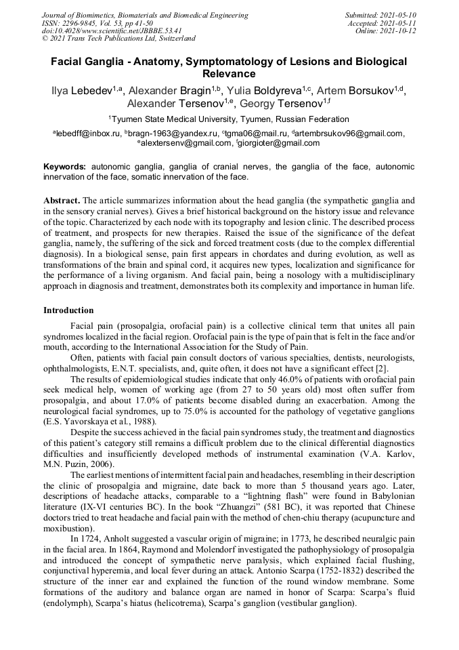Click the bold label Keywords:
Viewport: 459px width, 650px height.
65,166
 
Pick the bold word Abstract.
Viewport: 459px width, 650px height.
62,201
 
